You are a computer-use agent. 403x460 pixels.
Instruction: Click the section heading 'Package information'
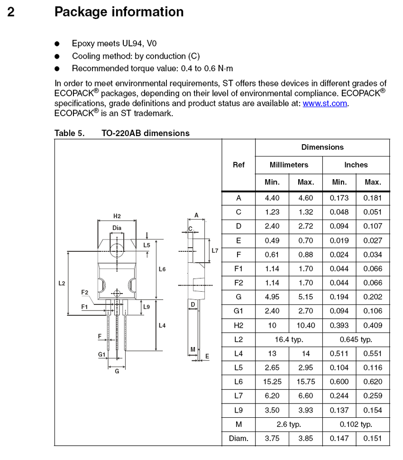(119, 12)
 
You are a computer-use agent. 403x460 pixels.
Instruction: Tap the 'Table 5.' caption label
(70, 133)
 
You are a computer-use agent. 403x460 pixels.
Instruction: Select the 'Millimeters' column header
(289, 165)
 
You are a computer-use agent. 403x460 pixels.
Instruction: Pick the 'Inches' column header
(356, 165)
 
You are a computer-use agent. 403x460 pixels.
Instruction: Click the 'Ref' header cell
(238, 165)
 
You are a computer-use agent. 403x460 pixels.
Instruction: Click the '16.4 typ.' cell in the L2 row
(289, 340)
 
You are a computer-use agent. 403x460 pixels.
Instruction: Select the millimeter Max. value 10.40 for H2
(306, 325)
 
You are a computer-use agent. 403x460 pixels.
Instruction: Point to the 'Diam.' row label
(238, 439)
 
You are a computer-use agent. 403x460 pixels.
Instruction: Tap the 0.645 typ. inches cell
(356, 340)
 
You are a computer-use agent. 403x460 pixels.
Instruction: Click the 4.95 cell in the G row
(272, 297)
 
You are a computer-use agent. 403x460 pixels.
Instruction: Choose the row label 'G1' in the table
(238, 311)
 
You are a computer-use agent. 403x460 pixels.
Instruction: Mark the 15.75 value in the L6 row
(306, 382)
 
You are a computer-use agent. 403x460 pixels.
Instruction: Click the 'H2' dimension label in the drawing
(117, 216)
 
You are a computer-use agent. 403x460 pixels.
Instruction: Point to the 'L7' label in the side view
(215, 250)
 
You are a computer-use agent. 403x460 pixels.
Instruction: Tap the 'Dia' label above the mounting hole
(117, 228)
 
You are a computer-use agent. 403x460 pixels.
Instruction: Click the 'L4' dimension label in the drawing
(162, 325)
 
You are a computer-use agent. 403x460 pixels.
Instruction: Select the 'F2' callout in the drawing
(85, 292)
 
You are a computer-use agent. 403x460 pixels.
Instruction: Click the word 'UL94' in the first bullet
(135, 44)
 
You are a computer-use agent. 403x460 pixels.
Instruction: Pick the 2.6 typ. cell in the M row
(289, 424)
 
